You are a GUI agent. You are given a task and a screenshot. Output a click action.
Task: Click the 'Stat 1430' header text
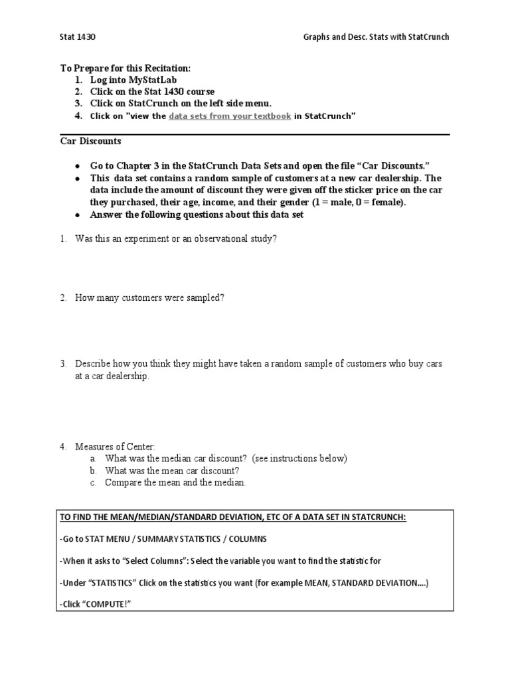(78, 37)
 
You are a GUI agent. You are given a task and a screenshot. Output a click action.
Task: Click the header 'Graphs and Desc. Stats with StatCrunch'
(373, 37)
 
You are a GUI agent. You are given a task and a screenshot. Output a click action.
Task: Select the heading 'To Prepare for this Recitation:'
(126, 68)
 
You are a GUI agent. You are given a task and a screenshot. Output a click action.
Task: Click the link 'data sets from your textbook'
(230, 116)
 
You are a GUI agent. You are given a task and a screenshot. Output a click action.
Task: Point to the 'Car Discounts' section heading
(91, 141)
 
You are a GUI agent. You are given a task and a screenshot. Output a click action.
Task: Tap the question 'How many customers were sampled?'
(149, 298)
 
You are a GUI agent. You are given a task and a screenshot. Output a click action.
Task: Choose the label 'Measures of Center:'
(115, 447)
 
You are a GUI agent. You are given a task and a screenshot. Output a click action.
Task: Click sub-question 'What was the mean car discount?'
(172, 470)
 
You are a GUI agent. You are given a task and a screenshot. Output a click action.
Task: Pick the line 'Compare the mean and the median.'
(175, 482)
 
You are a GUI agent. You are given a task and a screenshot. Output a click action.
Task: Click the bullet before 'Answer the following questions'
(78, 214)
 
